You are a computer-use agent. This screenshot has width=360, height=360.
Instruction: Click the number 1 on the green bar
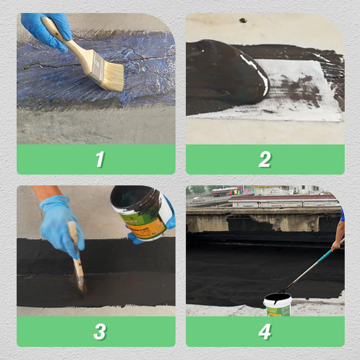tap(100, 159)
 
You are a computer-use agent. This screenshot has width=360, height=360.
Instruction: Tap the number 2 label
tap(265, 159)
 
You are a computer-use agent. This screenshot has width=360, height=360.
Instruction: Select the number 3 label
tap(100, 332)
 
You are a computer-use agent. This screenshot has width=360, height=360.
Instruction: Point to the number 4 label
tap(265, 332)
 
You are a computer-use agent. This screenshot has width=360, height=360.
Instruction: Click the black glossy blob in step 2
tap(225, 72)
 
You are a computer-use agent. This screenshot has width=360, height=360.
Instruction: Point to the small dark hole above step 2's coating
tap(243, 20)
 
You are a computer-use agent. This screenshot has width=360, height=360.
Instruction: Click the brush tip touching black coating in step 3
tap(81, 286)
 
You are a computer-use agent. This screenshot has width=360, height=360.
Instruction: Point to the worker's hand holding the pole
tap(336, 245)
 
